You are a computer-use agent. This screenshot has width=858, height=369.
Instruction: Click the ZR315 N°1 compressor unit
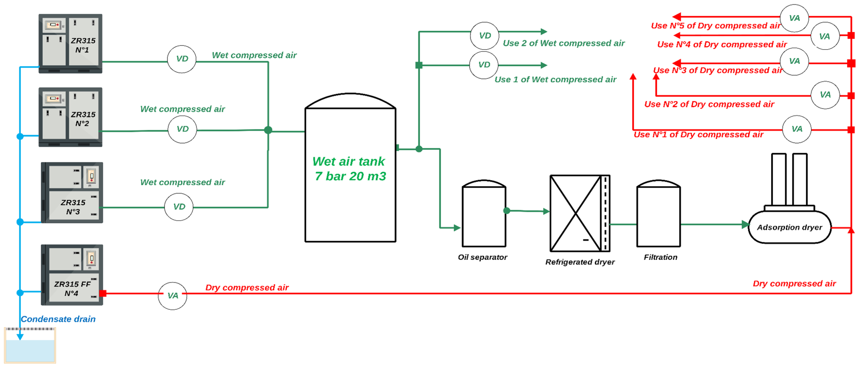click(x=70, y=43)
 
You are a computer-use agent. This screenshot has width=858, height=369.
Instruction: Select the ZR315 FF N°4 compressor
click(x=72, y=275)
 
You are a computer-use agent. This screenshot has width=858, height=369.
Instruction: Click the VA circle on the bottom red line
click(x=172, y=295)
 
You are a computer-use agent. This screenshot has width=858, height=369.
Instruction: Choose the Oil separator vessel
click(x=484, y=215)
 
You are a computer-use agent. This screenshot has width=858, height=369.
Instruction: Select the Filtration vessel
click(x=658, y=215)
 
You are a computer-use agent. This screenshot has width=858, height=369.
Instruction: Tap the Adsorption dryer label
click(x=789, y=228)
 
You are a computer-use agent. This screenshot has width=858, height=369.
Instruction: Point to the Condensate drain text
click(x=58, y=319)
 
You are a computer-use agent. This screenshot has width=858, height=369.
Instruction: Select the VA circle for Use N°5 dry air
click(x=794, y=18)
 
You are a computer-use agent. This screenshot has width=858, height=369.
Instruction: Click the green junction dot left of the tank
click(x=268, y=130)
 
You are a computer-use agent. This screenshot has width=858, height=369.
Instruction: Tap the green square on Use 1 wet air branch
click(x=419, y=65)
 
